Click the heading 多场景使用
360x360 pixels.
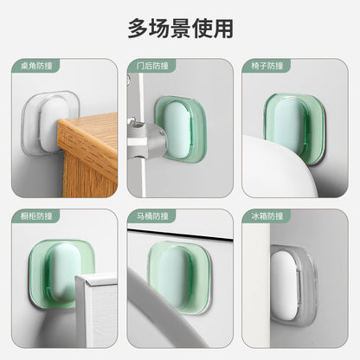[x=180, y=28]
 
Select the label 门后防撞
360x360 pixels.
[x=150, y=66]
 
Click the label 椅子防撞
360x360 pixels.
[x=266, y=66]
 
